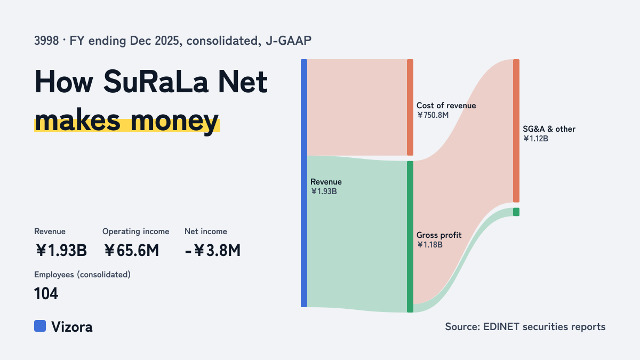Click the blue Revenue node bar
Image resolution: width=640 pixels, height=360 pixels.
pos(304,183)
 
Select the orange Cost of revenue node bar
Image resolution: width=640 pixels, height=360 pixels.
pos(410,107)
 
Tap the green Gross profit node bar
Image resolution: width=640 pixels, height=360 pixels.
pos(410,237)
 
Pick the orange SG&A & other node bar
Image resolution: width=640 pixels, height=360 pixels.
pos(516,131)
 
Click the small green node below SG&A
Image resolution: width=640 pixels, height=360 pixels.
pos(516,212)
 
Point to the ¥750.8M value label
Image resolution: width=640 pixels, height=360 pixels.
pos(433,115)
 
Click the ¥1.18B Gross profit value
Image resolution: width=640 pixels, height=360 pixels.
pos(430,245)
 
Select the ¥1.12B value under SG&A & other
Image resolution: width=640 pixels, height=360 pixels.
pos(535,139)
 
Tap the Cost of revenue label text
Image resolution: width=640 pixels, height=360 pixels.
pos(446,106)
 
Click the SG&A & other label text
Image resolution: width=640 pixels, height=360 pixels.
pos(549,129)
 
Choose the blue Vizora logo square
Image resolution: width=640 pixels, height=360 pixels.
pos(40,326)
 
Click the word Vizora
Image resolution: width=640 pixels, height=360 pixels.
pos(71,327)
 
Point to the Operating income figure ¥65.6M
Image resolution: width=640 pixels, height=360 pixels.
pos(131,250)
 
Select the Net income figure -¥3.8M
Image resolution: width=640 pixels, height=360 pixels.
pos(213,250)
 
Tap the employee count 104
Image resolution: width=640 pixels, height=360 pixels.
pos(46,293)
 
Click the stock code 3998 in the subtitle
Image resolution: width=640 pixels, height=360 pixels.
pos(46,41)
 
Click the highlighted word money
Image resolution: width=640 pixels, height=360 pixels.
pos(174,121)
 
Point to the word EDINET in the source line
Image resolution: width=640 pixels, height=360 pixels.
pos(501,326)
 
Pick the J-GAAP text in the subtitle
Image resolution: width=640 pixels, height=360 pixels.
pos(289,41)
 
